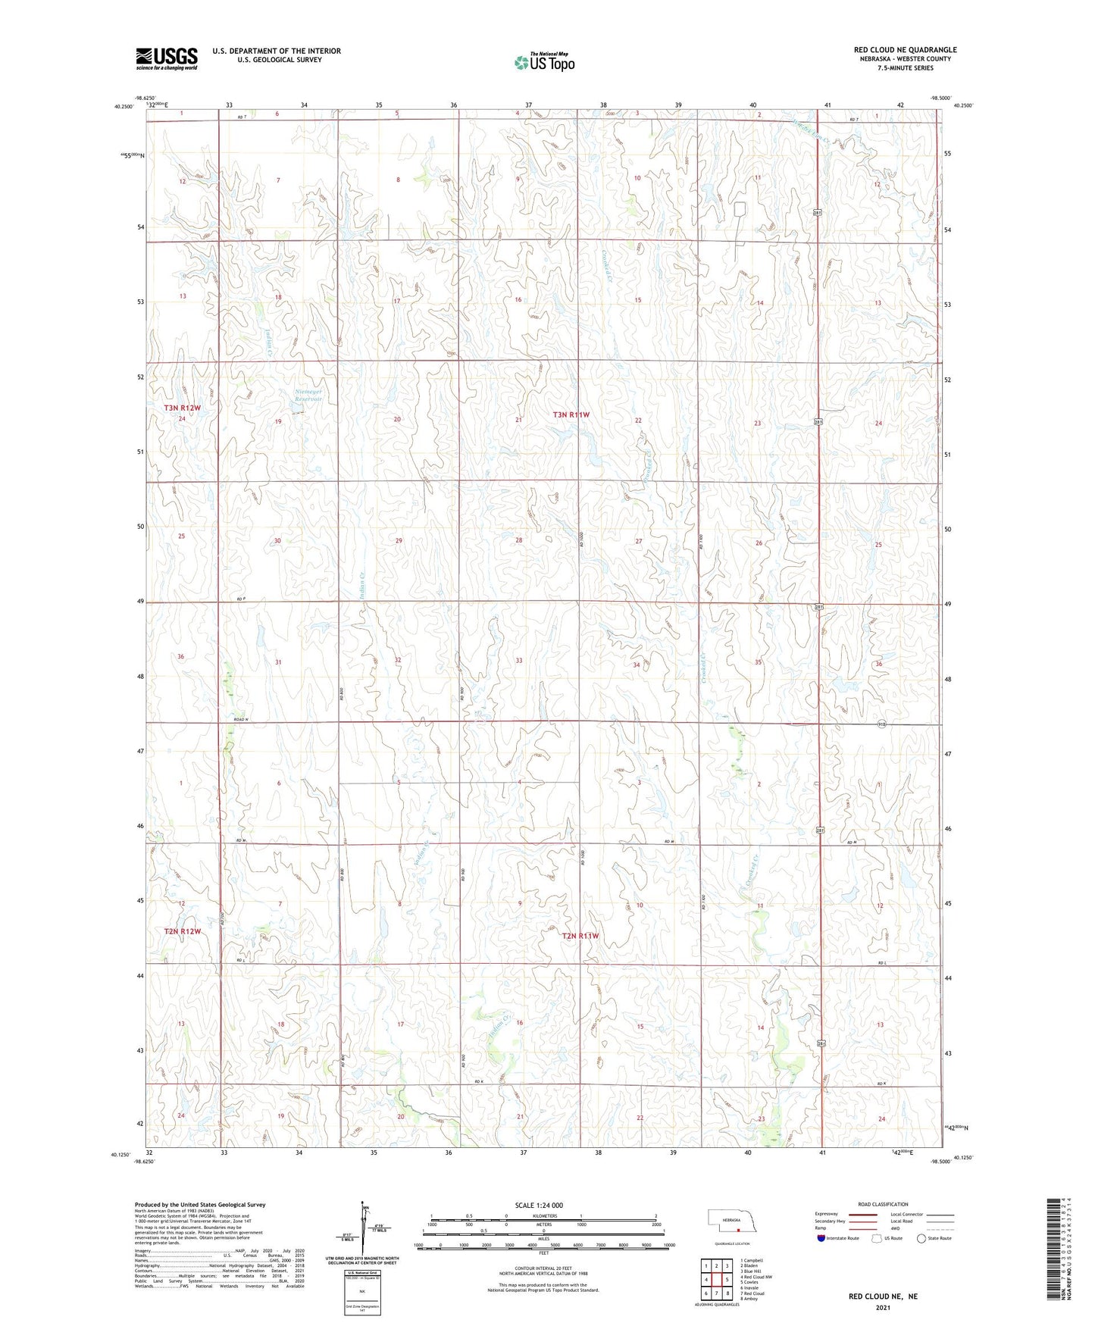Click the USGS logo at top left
[166, 58]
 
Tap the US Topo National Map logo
[544, 61]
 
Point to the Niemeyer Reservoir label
[308, 396]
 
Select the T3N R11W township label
[571, 414]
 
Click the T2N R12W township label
[183, 931]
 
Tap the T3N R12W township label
[183, 408]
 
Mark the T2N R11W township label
[580, 936]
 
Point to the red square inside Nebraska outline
[737, 1230]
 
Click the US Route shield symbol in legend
[878, 1238]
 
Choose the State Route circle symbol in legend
[921, 1238]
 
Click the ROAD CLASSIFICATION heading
[883, 1204]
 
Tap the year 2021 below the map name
[883, 1307]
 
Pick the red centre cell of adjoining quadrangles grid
[715, 1280]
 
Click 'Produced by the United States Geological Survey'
[200, 1205]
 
